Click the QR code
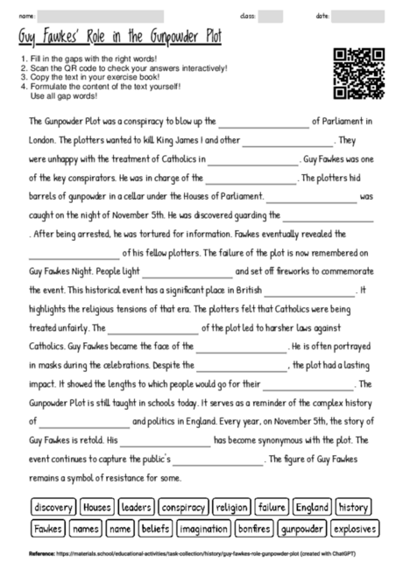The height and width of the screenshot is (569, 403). tap(359, 74)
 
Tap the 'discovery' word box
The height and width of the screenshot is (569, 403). tap(53, 507)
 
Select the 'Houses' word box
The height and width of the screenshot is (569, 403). tap(97, 507)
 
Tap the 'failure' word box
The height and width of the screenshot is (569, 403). tap(272, 507)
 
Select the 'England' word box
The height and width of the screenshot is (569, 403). tap(312, 507)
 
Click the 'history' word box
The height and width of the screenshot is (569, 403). tap(353, 507)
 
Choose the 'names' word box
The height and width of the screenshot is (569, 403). tap(85, 529)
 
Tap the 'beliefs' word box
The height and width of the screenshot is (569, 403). tap(154, 529)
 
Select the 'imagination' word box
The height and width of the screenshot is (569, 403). tap(204, 529)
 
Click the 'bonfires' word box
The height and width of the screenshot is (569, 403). tap(254, 529)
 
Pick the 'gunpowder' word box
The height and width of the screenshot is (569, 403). tap(302, 529)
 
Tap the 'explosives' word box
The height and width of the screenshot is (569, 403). tap(356, 529)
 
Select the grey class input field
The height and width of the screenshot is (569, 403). tap(270, 16)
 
